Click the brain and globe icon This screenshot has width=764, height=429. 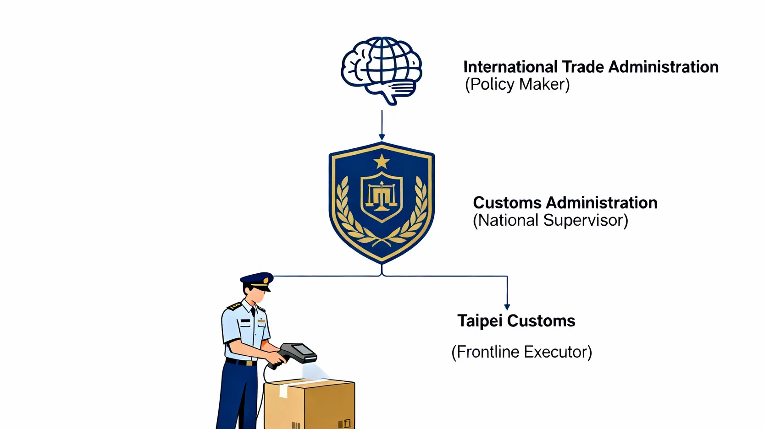click(381, 69)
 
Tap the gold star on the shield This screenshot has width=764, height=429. click(381, 162)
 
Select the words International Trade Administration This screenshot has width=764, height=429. click(591, 67)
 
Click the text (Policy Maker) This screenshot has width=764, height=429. click(517, 84)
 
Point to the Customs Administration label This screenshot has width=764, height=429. click(565, 202)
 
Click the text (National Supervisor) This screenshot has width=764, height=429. click(550, 220)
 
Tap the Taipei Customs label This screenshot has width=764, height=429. click(516, 320)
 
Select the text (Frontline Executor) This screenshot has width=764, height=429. click(521, 352)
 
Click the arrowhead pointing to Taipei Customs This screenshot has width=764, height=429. click(507, 307)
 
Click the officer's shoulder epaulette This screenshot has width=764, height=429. click(235, 305)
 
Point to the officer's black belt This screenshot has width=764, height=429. click(241, 362)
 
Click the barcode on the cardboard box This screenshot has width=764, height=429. click(296, 425)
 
